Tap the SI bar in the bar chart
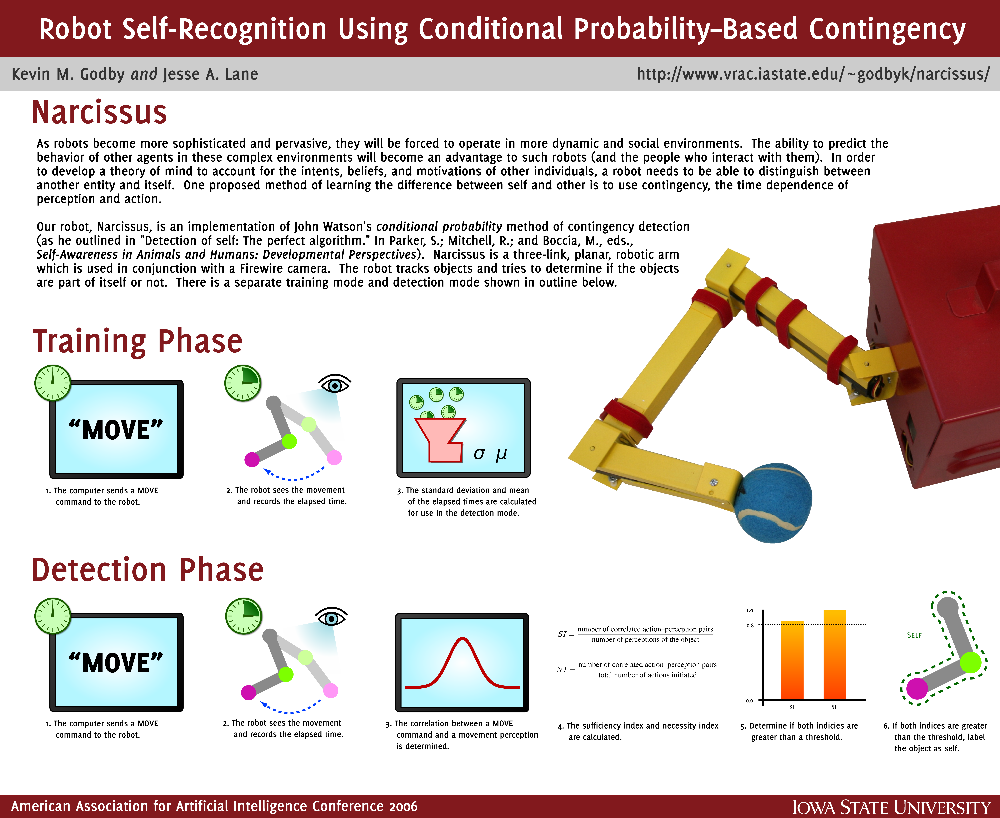(792, 660)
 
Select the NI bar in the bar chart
(835, 655)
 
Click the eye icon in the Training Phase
(335, 384)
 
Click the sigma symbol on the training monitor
(479, 453)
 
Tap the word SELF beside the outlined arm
(914, 635)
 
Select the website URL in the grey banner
(813, 74)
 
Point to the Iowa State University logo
(891, 807)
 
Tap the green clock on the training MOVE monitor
(53, 383)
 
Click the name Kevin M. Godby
(68, 74)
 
